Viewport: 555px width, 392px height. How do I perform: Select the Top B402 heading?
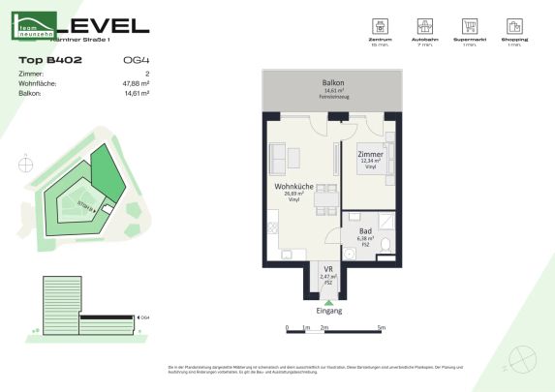click(x=49, y=60)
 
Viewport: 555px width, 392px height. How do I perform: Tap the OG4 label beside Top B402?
click(x=136, y=60)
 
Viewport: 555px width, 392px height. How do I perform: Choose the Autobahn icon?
click(x=424, y=27)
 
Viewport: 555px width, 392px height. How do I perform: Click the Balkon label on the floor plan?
click(x=333, y=83)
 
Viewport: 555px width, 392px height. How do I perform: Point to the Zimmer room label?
click(x=370, y=154)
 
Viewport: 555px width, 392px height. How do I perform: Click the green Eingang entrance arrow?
click(x=328, y=302)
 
